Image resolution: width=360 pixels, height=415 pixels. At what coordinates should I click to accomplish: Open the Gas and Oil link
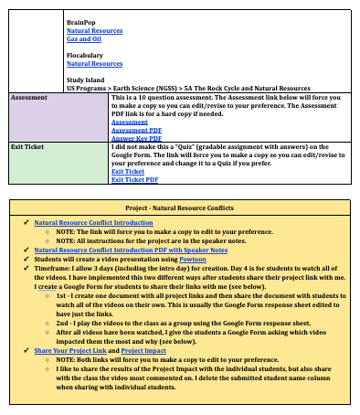[x=83, y=39]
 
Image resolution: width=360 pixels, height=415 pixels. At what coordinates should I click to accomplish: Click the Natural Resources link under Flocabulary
[x=94, y=64]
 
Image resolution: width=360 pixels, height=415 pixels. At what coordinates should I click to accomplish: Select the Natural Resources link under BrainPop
[x=94, y=30]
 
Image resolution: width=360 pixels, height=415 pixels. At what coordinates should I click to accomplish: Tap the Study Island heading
[x=87, y=80]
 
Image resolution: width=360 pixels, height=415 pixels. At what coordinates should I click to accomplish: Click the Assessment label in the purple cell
[x=29, y=96]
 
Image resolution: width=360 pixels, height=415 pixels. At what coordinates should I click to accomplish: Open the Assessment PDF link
[x=130, y=130]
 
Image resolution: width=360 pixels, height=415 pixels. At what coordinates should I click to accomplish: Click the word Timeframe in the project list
[x=51, y=266]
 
